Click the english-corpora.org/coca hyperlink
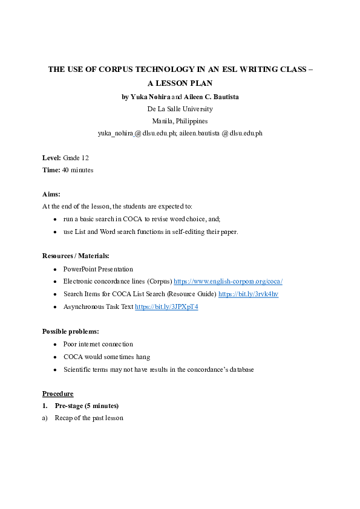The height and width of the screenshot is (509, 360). (x=228, y=282)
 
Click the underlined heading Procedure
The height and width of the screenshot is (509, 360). (x=57, y=394)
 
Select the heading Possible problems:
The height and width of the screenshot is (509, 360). (x=71, y=331)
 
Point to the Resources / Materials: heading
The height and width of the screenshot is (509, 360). (x=76, y=256)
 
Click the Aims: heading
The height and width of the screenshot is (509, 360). (x=51, y=194)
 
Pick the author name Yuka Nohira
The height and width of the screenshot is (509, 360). (x=150, y=97)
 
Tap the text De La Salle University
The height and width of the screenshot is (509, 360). (x=180, y=109)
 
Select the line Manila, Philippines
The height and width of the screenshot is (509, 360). (x=180, y=121)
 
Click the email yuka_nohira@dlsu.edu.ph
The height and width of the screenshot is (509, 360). (x=136, y=133)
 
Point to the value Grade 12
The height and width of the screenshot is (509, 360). (x=76, y=158)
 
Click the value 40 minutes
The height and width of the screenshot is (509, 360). (x=77, y=170)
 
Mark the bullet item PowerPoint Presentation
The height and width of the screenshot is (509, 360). (x=98, y=269)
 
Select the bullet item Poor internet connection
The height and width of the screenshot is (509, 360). (x=98, y=344)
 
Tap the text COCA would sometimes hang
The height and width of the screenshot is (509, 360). (x=106, y=357)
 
